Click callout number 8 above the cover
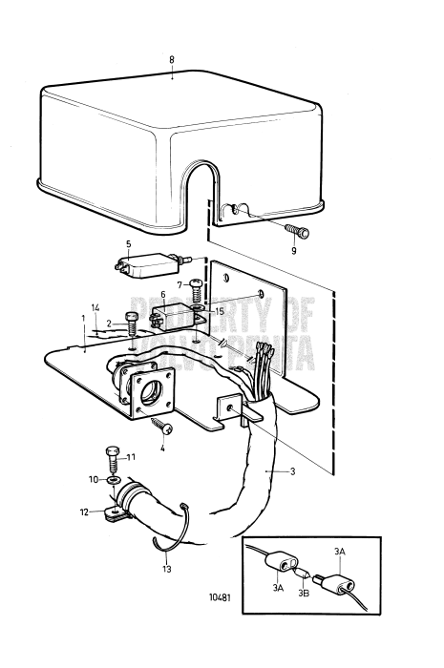click(x=172, y=60)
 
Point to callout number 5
click(x=128, y=243)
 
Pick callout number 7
click(x=179, y=284)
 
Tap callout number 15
click(x=219, y=311)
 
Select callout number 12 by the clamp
click(x=83, y=512)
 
